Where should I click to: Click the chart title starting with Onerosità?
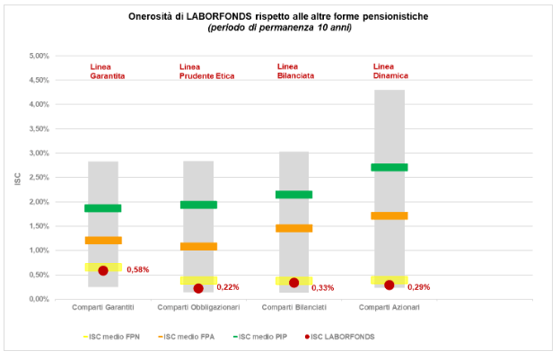[279, 15]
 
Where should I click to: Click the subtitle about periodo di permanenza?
[279, 27]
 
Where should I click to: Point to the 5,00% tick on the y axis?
[37, 56]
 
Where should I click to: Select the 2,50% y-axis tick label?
[37, 177]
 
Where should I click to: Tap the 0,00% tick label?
[37, 299]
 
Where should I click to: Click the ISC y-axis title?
[17, 178]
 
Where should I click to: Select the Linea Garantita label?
[107, 72]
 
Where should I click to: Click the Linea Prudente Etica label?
[206, 72]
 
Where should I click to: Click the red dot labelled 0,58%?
[103, 270]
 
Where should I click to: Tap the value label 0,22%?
[228, 287]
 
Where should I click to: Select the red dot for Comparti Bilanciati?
[294, 283]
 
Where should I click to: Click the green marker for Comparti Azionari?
[389, 167]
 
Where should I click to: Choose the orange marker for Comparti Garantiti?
[103, 240]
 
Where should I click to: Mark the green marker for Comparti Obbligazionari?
[198, 205]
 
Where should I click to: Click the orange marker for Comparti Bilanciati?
[294, 228]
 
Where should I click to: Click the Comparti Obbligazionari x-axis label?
[198, 308]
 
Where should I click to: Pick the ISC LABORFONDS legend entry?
[340, 337]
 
